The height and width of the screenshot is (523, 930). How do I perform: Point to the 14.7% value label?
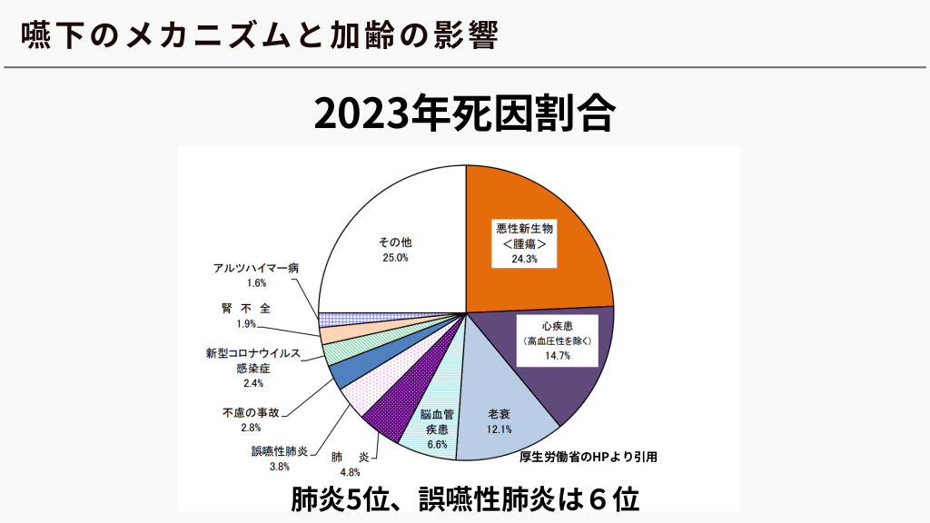pos(558,355)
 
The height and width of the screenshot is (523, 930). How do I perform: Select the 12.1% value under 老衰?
pos(500,429)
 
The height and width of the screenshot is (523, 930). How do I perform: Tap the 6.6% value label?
pos(437,445)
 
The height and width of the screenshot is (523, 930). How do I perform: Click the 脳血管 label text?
pos(437,415)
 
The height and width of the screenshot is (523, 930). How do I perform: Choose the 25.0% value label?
pos(395,258)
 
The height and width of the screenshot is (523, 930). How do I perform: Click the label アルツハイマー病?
pos(256,268)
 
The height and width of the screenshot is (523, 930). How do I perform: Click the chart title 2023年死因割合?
pos(465,115)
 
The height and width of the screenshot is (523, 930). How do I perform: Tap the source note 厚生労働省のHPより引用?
pos(588,457)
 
